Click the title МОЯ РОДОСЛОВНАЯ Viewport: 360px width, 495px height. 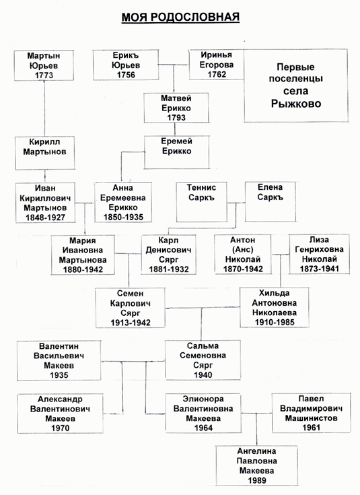pyautogui.click(x=180, y=17)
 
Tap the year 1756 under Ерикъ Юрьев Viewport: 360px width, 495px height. pyautogui.click(x=126, y=75)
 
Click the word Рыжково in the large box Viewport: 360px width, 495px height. pyautogui.click(x=296, y=104)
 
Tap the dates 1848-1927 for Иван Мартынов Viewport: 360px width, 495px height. pyautogui.click(x=46, y=218)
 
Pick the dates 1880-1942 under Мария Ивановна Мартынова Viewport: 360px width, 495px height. pyautogui.click(x=83, y=269)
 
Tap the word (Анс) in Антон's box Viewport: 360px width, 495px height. pyautogui.click(x=243, y=249)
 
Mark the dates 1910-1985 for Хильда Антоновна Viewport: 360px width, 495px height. pyautogui.click(x=275, y=323)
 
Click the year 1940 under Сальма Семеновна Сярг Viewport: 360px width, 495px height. pyautogui.click(x=203, y=375)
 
